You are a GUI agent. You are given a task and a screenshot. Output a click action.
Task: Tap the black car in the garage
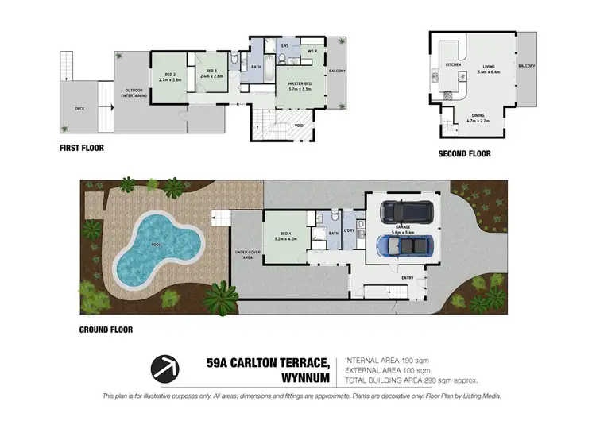[404, 210]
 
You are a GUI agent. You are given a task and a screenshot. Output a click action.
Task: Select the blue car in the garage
[404, 246]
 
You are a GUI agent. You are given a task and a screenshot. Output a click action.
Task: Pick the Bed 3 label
[211, 74]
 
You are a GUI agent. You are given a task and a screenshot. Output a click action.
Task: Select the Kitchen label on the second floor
[453, 64]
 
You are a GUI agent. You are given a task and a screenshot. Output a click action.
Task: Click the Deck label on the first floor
[80, 110]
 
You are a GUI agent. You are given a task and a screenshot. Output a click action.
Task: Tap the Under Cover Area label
[243, 254]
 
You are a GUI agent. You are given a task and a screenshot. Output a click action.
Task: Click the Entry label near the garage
[408, 277]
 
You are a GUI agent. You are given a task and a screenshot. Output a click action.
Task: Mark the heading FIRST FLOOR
[82, 148]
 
